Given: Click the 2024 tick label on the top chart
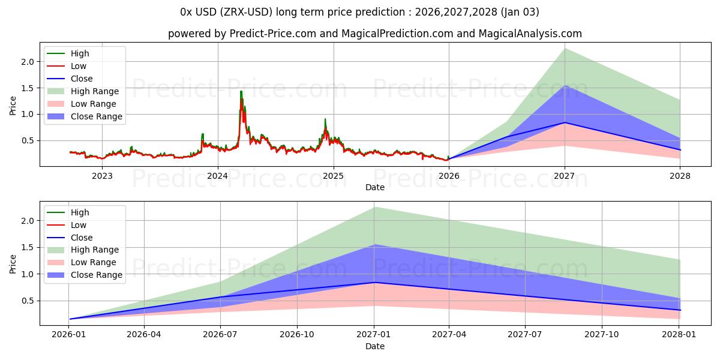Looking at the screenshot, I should click(x=218, y=176).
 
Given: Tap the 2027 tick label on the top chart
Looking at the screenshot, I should click(x=565, y=176).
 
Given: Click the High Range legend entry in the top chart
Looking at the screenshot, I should click(x=95, y=91).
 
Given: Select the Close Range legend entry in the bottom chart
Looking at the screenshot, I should click(x=96, y=275).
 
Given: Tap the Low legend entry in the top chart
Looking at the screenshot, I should click(x=79, y=66).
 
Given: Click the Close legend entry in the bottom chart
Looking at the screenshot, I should click(x=82, y=238).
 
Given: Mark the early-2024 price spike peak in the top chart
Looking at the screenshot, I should click(x=241, y=91).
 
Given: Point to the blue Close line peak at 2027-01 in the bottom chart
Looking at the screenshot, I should click(x=374, y=282).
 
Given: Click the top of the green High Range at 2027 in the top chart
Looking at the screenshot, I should click(x=565, y=48).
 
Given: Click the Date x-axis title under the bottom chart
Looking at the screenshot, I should click(x=375, y=346).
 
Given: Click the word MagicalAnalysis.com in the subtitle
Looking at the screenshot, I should click(x=528, y=34).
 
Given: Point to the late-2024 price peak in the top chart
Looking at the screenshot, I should click(x=325, y=119).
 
